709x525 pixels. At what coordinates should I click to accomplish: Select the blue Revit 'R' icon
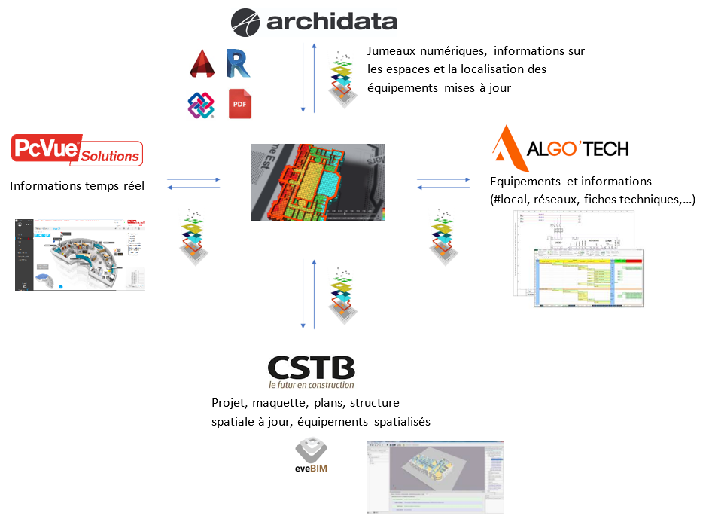239,63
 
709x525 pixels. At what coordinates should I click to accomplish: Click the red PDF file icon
240,104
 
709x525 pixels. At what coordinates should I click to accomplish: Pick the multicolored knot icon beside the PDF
201,105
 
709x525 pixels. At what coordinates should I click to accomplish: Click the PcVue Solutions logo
77,151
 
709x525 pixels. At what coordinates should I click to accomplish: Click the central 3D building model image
318,182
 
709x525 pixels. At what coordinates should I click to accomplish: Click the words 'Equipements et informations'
571,182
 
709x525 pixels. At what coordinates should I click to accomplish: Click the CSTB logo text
311,368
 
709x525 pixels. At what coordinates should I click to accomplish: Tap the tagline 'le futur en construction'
311,386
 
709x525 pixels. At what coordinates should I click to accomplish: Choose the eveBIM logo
312,456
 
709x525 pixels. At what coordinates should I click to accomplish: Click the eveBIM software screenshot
434,476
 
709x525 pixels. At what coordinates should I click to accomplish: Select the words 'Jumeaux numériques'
424,51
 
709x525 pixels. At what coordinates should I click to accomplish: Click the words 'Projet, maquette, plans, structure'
306,403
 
